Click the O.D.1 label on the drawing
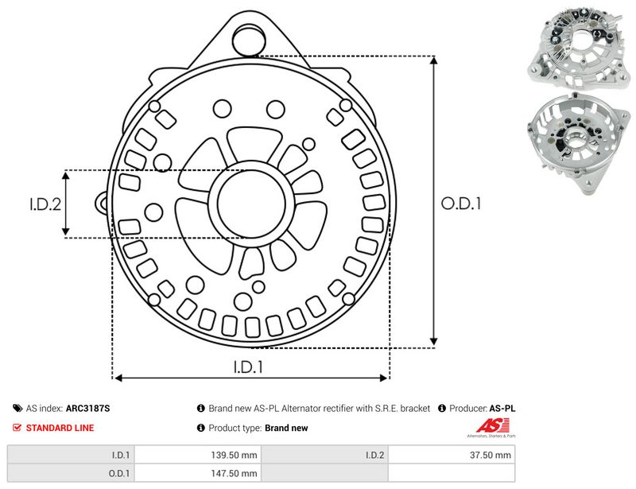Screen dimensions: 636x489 [x=461, y=204]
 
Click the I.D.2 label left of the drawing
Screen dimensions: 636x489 [x=45, y=204]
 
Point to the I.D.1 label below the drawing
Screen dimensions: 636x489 [x=248, y=367]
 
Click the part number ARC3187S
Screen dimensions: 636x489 [x=87, y=408]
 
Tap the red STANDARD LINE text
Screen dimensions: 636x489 [x=60, y=428]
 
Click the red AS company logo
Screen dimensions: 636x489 [x=492, y=426]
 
